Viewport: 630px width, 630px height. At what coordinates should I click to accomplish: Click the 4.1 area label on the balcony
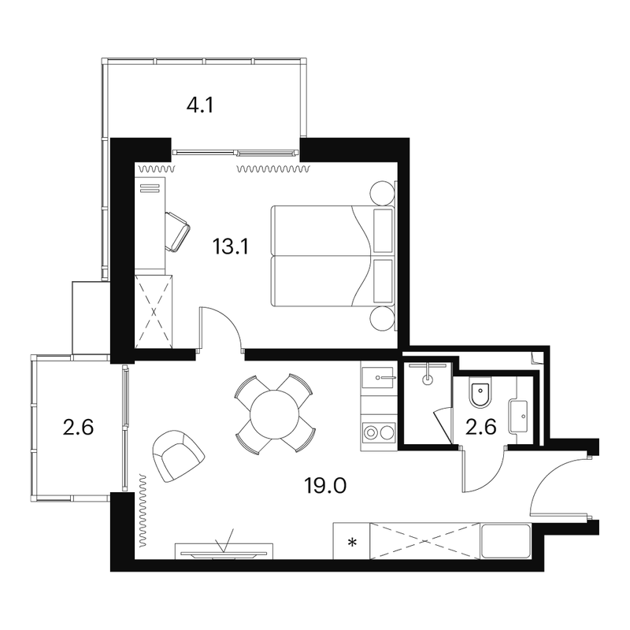point(200,106)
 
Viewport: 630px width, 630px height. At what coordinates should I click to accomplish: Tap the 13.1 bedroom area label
point(231,246)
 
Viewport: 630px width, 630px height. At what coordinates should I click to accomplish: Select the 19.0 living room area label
point(325,486)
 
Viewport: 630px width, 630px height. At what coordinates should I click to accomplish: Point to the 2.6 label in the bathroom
point(481,427)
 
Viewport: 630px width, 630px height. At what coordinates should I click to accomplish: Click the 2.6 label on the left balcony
point(78,427)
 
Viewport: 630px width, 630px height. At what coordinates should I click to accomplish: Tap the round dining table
point(274,415)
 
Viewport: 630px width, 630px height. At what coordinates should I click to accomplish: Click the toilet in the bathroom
point(480,391)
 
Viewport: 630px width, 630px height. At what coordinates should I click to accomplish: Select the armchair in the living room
point(179,456)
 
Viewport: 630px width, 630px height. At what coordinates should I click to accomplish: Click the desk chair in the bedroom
point(176,232)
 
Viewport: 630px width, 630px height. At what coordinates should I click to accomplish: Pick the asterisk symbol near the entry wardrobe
point(352,543)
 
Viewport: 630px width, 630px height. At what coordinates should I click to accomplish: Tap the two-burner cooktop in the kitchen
point(379,432)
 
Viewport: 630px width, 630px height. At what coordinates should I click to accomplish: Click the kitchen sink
point(377,378)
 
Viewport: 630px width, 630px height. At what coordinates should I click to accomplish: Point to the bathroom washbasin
point(518,417)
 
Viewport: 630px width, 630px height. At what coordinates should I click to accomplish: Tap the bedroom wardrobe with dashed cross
point(154,312)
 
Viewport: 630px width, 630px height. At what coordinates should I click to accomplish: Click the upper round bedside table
point(382,193)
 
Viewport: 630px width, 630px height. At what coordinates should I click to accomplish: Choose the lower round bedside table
point(382,319)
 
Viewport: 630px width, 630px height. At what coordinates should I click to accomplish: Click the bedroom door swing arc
point(228,321)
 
